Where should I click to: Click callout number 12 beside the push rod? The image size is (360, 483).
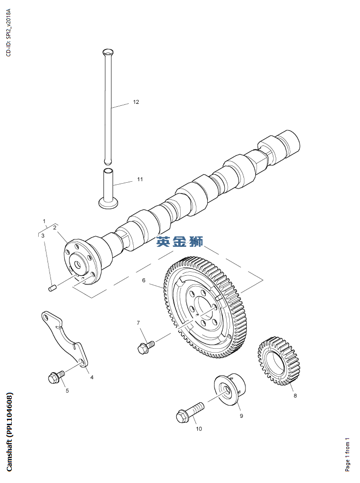tap(136, 102)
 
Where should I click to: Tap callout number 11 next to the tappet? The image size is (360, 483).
tap(140, 179)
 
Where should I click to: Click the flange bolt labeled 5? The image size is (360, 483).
tap(55, 377)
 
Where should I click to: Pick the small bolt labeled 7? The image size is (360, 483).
tap(145, 346)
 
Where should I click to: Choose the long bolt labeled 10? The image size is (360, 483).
tap(189, 412)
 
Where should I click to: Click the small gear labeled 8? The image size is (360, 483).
tap(279, 361)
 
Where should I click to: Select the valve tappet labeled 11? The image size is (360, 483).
tap(108, 189)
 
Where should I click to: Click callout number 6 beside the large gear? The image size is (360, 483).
tap(144, 280)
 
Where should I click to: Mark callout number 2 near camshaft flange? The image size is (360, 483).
tap(55, 227)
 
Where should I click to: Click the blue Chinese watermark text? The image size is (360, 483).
tap(179, 241)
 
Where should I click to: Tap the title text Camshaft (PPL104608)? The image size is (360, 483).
tap(10, 432)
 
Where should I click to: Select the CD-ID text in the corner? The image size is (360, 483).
tap(8, 32)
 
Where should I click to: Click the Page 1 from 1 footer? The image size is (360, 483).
tap(348, 454)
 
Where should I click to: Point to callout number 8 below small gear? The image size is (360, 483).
tap(295, 396)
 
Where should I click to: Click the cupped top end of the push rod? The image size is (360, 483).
tap(108, 51)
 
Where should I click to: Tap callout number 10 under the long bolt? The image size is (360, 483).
tap(199, 429)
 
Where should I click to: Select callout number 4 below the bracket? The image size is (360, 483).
tap(92, 377)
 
